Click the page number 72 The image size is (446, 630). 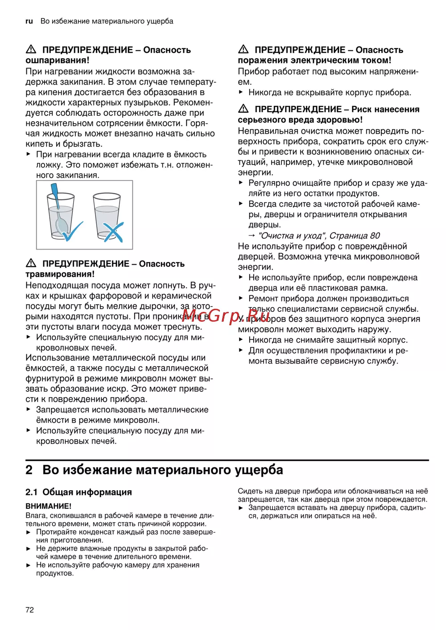click(29, 610)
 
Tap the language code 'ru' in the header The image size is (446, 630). click(29, 21)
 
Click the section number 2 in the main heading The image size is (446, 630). click(29, 470)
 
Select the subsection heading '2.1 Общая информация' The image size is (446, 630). click(78, 492)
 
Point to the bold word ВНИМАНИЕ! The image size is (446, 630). click(48, 506)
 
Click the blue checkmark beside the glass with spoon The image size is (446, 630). click(73, 231)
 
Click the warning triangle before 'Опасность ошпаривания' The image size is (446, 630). click(31, 49)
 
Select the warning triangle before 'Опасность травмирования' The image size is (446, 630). click(31, 263)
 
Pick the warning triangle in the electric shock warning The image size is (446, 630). click(243, 49)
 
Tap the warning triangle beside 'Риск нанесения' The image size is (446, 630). click(243, 109)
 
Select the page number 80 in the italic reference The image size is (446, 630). click(375, 235)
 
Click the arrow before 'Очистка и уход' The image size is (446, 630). click(252, 235)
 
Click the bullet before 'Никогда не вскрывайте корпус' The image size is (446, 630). click(241, 92)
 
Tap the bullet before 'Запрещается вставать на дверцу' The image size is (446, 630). click(241, 507)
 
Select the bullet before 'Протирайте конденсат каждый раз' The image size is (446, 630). click(29, 532)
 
